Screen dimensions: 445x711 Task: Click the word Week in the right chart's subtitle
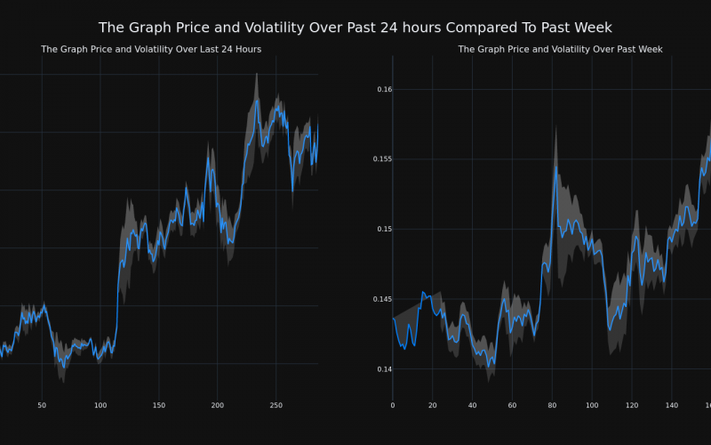(647, 49)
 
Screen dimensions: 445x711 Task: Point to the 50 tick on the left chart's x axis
(42, 405)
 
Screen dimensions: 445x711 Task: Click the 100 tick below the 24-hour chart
(100, 405)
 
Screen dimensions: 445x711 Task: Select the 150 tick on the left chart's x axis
(158, 405)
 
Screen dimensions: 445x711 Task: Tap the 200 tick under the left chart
(217, 405)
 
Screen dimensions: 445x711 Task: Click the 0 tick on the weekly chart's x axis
(393, 405)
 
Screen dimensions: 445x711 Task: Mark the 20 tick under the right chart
(433, 405)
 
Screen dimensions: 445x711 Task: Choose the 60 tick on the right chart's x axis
(512, 405)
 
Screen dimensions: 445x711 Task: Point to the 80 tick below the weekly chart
(552, 405)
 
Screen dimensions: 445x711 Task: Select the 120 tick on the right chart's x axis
(632, 405)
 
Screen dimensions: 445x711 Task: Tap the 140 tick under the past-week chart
(672, 405)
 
